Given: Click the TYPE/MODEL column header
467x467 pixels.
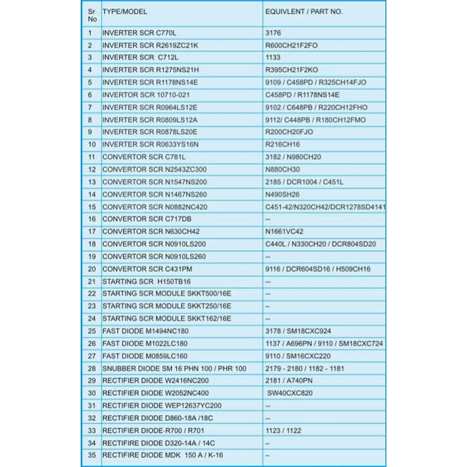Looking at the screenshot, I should click(x=125, y=11).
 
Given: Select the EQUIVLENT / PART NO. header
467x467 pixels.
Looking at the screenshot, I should click(x=304, y=11).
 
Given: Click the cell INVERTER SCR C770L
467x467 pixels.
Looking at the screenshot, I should click(x=139, y=33).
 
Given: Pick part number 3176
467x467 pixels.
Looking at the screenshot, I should click(x=273, y=33).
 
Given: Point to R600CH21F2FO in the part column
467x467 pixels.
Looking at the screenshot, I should click(x=291, y=45).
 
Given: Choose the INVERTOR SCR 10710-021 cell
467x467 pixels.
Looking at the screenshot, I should click(x=145, y=95).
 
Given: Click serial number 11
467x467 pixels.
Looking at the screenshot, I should click(x=91, y=157).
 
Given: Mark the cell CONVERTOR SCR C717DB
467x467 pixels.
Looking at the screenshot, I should click(x=147, y=219).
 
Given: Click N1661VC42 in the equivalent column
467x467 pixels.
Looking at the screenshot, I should click(x=284, y=232).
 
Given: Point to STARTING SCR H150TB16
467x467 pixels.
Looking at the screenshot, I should click(x=147, y=281).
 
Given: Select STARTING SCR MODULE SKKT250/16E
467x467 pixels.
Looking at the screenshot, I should click(x=166, y=306).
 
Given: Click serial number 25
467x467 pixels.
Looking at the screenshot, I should click(x=91, y=331).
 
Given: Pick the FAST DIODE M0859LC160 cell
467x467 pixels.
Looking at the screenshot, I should click(x=145, y=356).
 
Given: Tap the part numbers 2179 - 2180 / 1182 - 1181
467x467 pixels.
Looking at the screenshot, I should click(x=304, y=368).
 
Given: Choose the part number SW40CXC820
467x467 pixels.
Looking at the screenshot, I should click(x=290, y=393).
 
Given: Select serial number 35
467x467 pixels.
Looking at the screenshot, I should click(x=91, y=455).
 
